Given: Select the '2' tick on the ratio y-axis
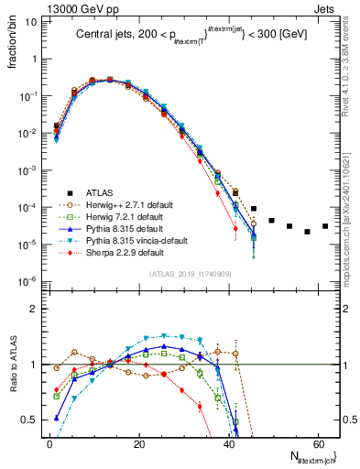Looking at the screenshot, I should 38,309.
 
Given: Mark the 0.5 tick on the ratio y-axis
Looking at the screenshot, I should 34,420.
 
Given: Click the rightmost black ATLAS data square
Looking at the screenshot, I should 325,226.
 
